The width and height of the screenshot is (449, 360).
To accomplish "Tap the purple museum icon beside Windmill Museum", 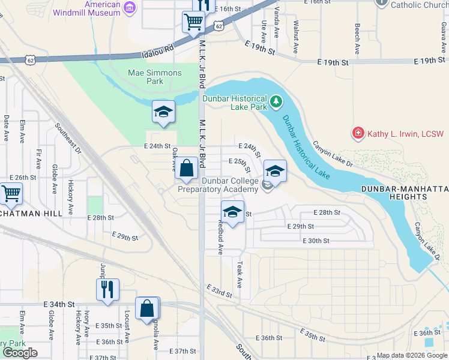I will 130,8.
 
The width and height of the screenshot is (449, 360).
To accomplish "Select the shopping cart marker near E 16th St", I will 193,22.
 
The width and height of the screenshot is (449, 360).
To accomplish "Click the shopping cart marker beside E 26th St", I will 10,194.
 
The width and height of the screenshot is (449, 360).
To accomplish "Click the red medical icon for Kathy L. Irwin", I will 358,133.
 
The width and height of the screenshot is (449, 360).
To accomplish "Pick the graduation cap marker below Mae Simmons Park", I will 163,112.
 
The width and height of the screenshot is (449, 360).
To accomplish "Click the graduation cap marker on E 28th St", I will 232,212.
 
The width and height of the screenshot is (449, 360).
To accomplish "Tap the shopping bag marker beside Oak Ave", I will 187,169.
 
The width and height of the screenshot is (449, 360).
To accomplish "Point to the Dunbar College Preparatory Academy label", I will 225,185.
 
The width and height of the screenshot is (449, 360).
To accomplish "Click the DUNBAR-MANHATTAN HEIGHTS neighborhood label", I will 405,193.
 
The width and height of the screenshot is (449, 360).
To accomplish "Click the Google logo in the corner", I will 20,352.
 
